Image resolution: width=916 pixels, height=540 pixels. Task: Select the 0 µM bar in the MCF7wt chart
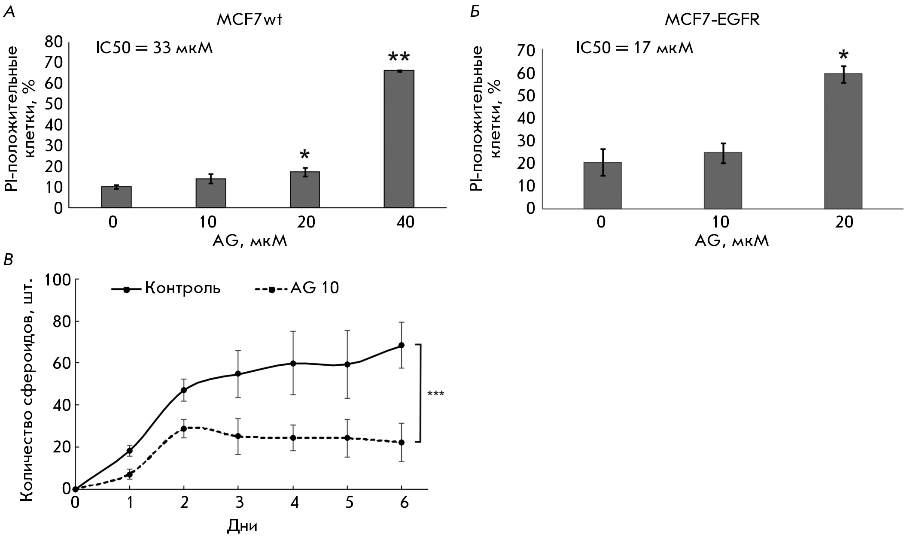pos(116,197)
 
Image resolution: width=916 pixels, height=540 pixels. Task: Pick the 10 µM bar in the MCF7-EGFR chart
pos(723,180)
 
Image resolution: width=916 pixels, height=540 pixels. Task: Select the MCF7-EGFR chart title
pos(712,20)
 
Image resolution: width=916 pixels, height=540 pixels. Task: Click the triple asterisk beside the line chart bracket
pos(436,394)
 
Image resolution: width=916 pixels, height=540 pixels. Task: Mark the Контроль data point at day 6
pos(402,345)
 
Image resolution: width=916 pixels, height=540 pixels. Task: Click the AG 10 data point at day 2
pos(184,428)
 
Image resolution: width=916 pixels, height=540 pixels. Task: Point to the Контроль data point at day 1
pos(129,451)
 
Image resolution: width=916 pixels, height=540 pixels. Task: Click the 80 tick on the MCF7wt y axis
pos(54,42)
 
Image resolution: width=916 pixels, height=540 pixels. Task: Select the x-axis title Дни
pos(243,525)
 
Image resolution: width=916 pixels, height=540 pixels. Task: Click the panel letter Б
pos(475,12)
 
